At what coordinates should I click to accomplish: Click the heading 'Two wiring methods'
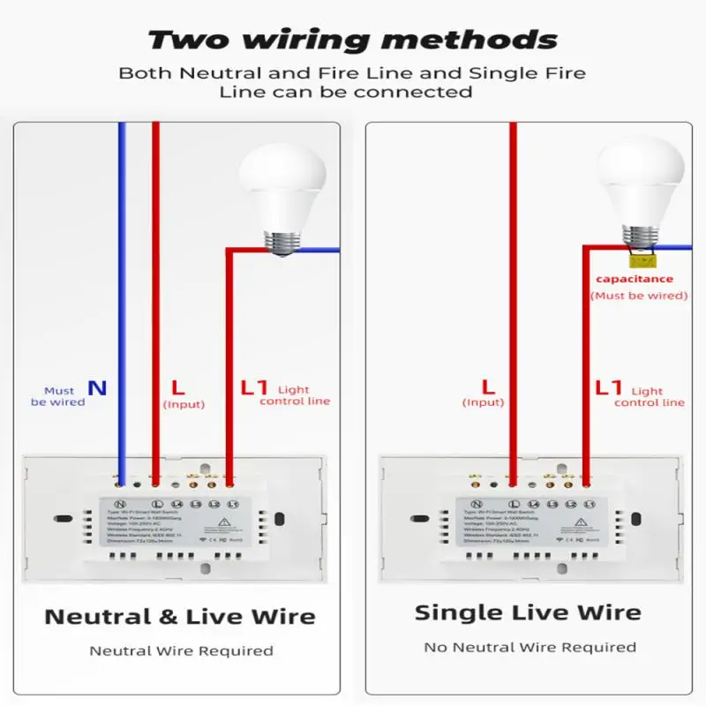point(353,41)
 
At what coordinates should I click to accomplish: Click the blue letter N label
point(97,387)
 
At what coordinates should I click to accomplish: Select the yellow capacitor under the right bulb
point(640,259)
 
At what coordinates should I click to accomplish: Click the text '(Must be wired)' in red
point(638,296)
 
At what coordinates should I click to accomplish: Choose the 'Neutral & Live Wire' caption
point(180,616)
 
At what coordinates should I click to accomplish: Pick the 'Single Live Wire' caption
point(528,612)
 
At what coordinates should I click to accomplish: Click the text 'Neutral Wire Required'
point(181,650)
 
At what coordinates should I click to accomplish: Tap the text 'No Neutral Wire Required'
point(529,647)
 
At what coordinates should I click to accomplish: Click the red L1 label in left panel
point(254,387)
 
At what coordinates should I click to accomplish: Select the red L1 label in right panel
point(609,387)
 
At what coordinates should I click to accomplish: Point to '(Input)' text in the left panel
point(184,404)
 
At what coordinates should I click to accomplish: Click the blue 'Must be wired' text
point(58,396)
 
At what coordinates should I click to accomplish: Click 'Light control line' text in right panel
point(649,396)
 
